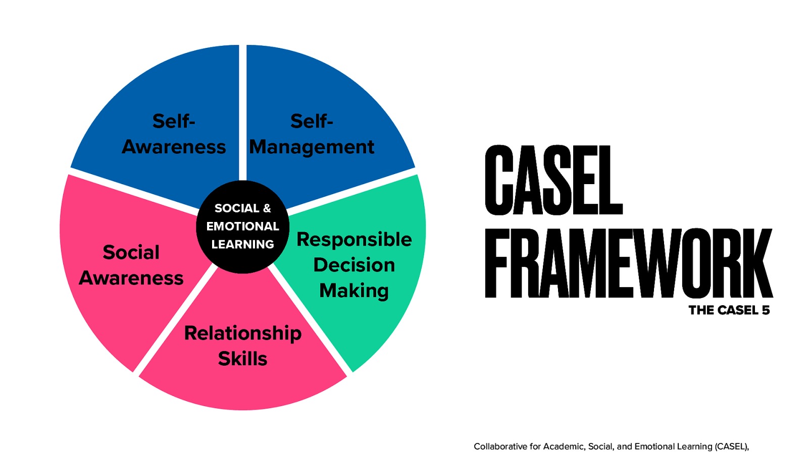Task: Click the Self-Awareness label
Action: (x=174, y=134)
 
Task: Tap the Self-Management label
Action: (x=312, y=134)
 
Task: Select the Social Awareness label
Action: (x=131, y=265)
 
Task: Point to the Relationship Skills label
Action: (x=243, y=346)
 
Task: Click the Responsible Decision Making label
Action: (x=354, y=265)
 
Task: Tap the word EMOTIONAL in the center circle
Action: (x=243, y=226)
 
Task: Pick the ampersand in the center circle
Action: (x=267, y=208)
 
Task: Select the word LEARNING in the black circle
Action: (x=243, y=245)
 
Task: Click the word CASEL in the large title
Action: (x=553, y=180)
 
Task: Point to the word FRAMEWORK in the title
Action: (x=628, y=263)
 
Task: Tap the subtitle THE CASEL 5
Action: (x=729, y=310)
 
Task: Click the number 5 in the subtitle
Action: (x=766, y=310)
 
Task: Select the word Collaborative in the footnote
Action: (x=500, y=446)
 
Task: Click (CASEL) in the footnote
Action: (x=732, y=446)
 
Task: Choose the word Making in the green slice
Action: (x=354, y=291)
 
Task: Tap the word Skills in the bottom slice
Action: (x=243, y=359)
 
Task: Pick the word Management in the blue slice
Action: (x=312, y=147)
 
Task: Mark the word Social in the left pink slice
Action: (x=131, y=252)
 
